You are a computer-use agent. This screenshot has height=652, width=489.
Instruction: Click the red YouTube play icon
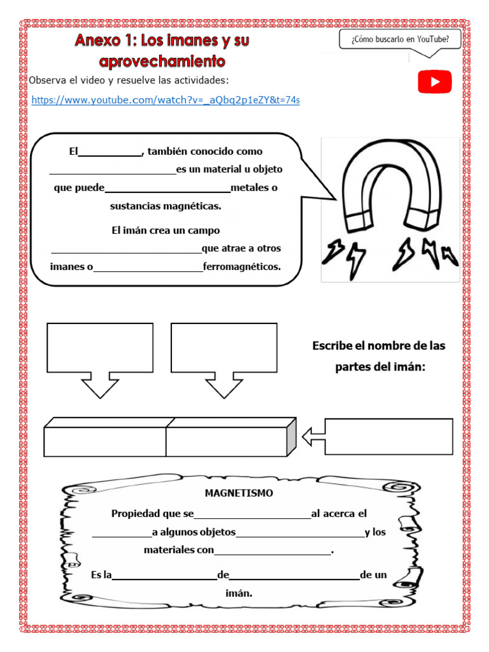click(x=434, y=82)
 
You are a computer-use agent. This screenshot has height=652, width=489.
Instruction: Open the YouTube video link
click(x=165, y=101)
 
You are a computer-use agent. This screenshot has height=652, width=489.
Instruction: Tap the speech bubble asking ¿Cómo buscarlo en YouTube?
click(x=400, y=40)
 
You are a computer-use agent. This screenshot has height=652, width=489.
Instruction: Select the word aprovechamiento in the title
click(x=162, y=61)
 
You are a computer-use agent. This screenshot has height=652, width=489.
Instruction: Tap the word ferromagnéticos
click(x=241, y=267)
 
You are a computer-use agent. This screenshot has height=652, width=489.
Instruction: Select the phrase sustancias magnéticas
click(x=166, y=206)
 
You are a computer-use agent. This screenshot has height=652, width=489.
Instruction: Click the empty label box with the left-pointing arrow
click(x=388, y=437)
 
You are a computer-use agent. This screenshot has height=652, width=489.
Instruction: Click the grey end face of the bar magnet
click(x=292, y=437)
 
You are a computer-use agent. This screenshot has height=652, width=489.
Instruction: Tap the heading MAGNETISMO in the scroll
click(x=239, y=493)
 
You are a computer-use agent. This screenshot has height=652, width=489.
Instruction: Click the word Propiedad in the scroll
click(x=133, y=514)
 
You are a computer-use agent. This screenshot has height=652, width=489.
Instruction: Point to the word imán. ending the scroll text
click(x=239, y=593)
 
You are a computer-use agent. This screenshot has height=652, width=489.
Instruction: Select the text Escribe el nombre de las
click(x=379, y=346)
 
